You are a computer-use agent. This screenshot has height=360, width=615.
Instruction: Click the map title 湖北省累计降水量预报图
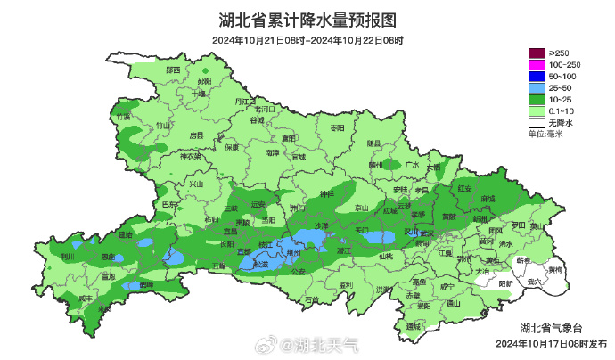[307, 20]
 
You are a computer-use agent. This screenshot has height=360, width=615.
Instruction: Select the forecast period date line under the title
[307, 40]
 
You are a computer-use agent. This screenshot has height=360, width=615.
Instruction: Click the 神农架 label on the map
[192, 157]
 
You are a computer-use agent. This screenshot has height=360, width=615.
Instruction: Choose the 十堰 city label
[198, 92]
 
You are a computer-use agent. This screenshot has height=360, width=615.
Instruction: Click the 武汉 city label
[426, 233]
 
